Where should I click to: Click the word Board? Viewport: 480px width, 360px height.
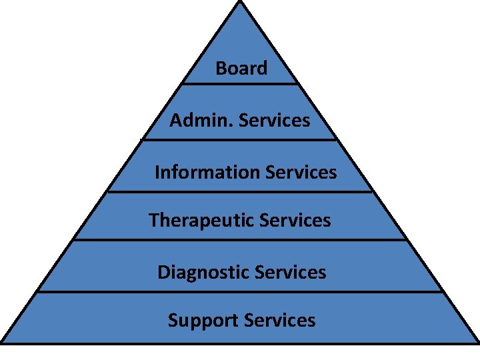241,68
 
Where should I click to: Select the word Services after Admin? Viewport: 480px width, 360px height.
274,120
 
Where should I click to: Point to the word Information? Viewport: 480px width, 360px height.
207,172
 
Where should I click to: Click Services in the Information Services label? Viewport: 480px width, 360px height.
301,172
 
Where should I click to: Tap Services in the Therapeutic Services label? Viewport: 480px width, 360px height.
295,220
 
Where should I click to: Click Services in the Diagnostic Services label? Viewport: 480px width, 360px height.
291,272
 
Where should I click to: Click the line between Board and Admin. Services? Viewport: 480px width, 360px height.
240,84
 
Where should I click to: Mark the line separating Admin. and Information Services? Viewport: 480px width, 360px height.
240,139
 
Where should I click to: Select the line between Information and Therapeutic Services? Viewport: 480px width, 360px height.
240,192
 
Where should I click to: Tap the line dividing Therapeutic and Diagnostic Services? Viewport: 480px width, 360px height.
240,240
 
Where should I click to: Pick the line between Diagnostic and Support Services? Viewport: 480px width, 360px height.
240,291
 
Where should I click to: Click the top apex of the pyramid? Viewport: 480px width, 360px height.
240,2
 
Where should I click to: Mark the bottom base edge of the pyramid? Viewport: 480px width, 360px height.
240,343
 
